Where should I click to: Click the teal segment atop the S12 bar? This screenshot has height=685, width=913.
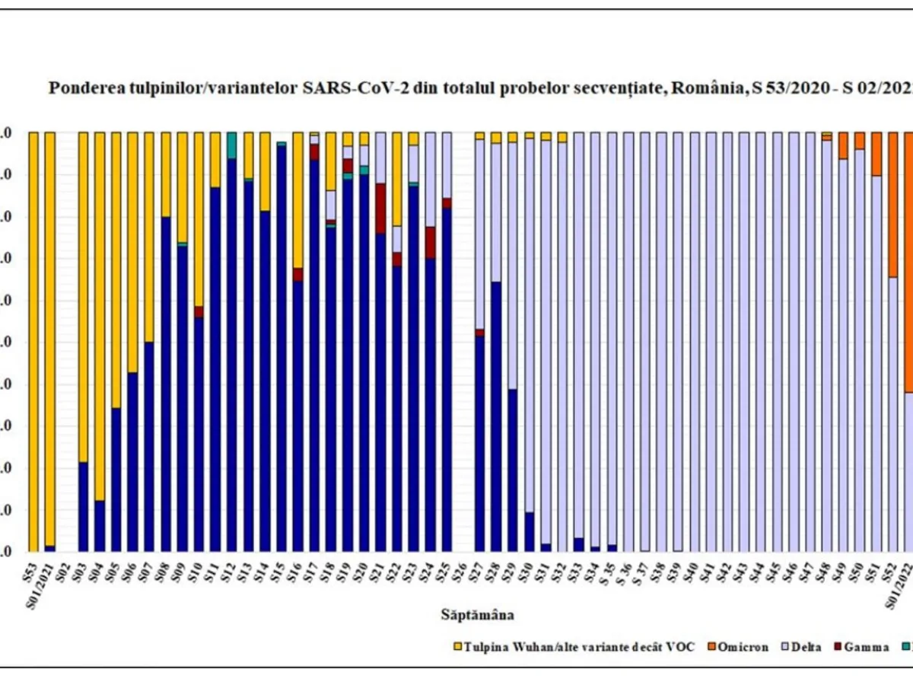coord(231,145)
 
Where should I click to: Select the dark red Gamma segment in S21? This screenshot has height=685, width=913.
coord(380,208)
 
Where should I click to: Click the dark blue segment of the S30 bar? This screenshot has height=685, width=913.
coord(530,531)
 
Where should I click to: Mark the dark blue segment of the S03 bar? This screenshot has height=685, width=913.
coord(83,506)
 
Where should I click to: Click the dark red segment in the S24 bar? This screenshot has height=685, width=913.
coord(430,242)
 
